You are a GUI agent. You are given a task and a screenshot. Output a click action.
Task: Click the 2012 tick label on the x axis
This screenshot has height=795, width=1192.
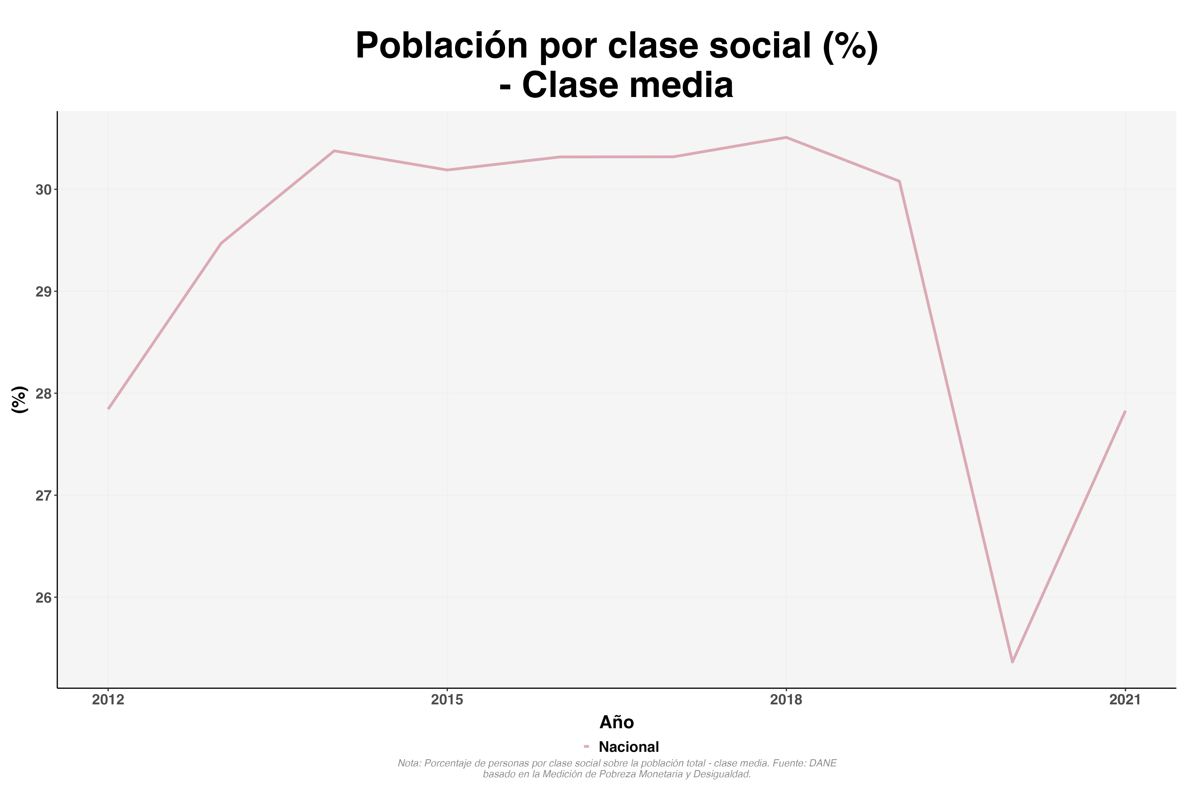coord(108,700)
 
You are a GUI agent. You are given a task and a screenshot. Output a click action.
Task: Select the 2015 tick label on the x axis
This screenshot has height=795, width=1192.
coord(447,700)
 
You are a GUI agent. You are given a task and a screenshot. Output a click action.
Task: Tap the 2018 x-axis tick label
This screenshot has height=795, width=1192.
coord(786,700)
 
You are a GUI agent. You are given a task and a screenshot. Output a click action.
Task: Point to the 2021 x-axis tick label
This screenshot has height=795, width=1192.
coord(1125,700)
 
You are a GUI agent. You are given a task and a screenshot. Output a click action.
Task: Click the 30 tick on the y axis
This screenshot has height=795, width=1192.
coord(44,190)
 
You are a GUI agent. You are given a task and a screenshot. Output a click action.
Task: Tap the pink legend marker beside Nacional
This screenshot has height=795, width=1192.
coord(586,746)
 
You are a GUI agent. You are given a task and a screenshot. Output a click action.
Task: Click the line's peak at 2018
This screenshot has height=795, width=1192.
coord(786,137)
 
